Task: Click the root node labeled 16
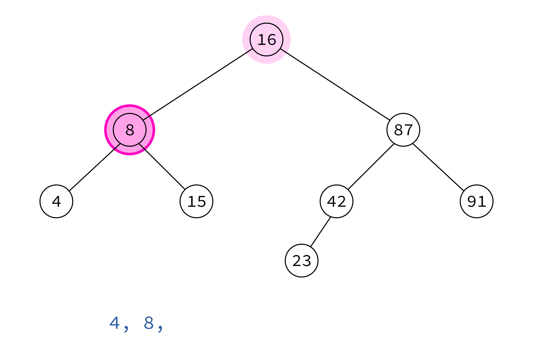point(266,40)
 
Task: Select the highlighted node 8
point(130,130)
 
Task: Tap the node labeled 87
point(403,130)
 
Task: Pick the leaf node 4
point(56,201)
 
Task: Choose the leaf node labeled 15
point(197,201)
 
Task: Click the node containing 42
point(336,201)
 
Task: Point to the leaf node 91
point(477,201)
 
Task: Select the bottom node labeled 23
point(301,261)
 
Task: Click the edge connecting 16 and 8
point(198,85)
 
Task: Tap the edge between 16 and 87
point(335,85)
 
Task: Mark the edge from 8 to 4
point(95,167)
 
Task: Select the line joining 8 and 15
point(162,167)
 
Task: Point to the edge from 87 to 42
point(371,167)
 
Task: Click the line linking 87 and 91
point(438,167)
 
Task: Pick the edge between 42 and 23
point(320,232)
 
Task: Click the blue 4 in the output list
point(115,323)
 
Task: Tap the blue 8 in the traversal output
point(149,323)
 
